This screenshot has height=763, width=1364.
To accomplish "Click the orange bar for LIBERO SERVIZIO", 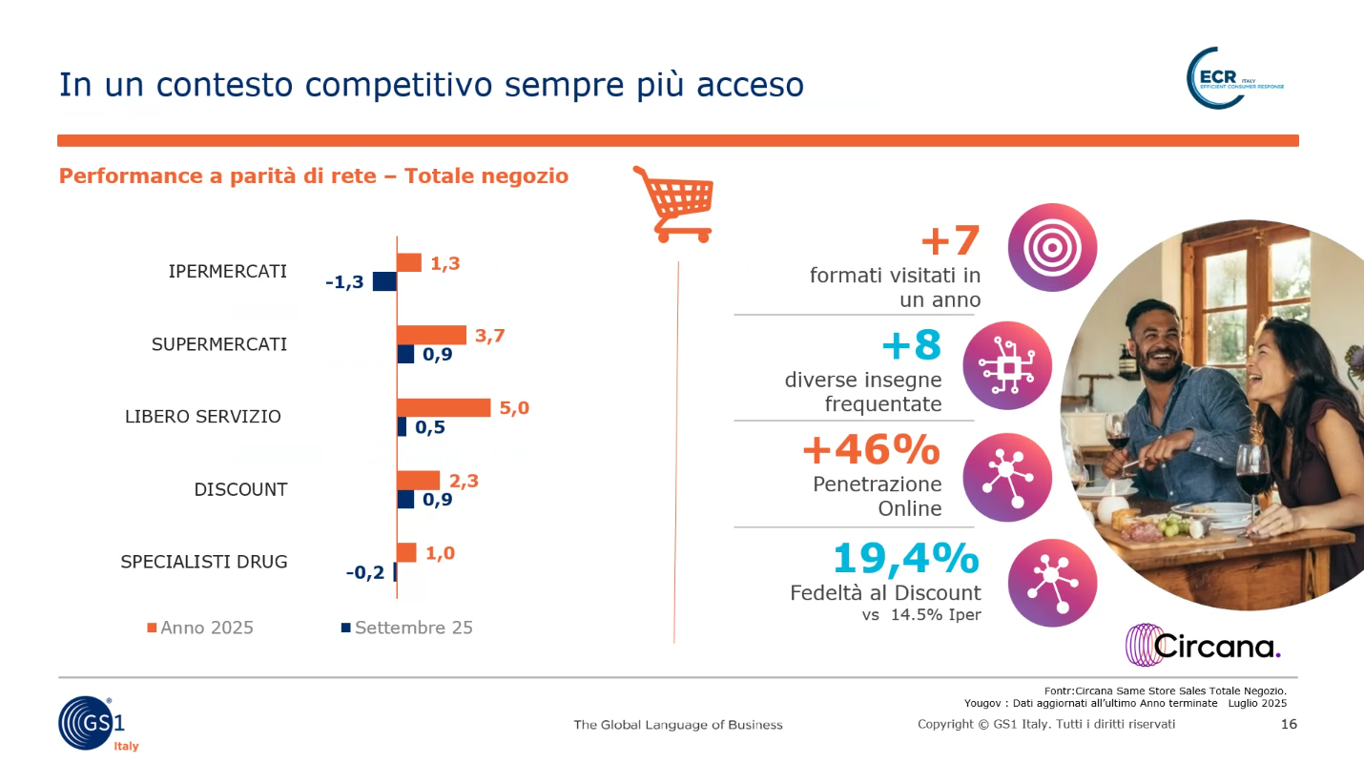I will (444, 408).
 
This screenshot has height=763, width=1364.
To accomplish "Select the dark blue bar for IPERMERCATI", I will (384, 281).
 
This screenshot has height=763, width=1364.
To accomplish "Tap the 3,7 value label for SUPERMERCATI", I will (488, 335).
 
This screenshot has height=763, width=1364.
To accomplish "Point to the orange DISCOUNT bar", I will (419, 481).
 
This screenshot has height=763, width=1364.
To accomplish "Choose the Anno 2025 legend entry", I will (199, 628).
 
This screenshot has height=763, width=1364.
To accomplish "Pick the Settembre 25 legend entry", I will (406, 628).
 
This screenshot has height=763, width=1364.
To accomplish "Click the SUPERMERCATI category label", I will (219, 344).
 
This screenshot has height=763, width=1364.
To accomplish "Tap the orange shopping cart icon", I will (673, 203).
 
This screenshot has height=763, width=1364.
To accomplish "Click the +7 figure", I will (950, 240).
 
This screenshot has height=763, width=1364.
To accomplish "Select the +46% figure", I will (871, 449).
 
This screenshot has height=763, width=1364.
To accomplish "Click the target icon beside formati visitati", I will (1052, 247).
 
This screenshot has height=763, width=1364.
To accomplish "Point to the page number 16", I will (1289, 725).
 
